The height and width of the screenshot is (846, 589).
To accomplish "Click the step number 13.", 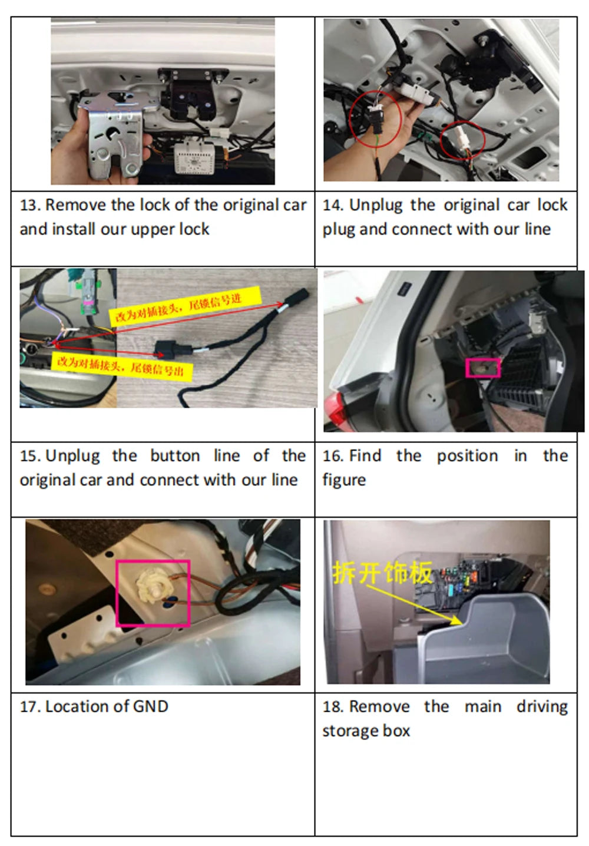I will click(30, 206).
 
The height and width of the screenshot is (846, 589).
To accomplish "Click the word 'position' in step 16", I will click(467, 456).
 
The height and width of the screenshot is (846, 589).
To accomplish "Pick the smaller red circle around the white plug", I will click(462, 140).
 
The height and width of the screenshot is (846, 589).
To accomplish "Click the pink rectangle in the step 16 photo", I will click(483, 368).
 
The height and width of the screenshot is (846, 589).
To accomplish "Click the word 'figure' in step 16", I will click(344, 481).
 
